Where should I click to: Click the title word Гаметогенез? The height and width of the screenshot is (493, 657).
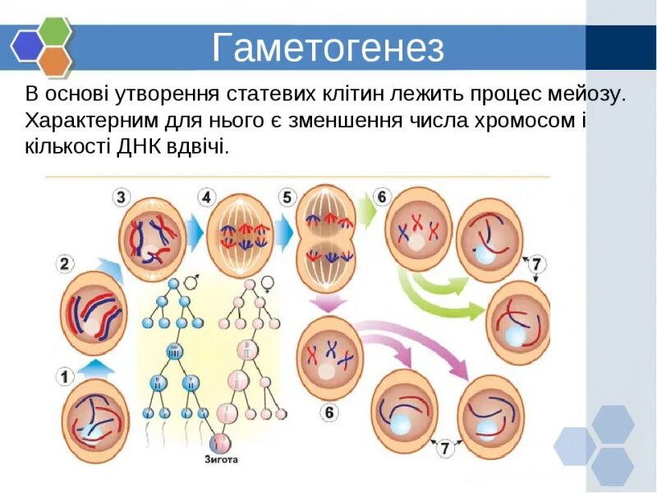(x=328, y=48)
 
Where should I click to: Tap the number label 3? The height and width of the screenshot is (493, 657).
(x=122, y=197)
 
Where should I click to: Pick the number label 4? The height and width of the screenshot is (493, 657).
(x=205, y=197)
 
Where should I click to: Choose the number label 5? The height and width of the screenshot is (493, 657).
(x=286, y=197)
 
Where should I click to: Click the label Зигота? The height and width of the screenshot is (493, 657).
(x=221, y=459)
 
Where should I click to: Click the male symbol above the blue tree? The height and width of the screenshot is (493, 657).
(x=191, y=283)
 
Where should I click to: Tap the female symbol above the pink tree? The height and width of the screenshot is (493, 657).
(x=267, y=283)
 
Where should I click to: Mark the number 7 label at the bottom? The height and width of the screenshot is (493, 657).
(x=445, y=449)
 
